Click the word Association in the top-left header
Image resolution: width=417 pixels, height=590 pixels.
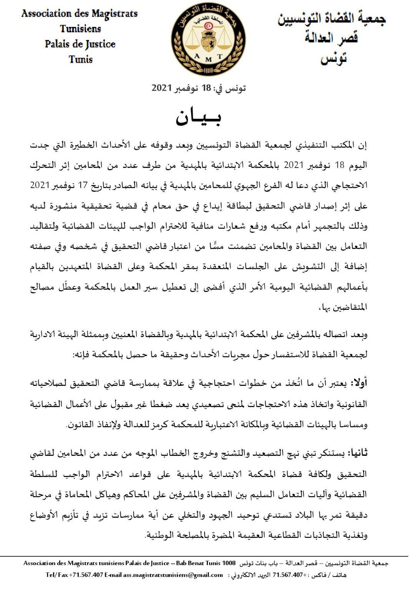(47, 14)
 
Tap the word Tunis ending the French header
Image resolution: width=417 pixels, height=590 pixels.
(81, 60)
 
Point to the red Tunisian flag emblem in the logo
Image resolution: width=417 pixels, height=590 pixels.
(208, 26)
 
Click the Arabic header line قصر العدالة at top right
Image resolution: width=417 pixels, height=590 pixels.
(331, 38)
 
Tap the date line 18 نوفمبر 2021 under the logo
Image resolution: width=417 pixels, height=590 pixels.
(199, 88)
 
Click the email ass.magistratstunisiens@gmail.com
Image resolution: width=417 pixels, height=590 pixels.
(173, 575)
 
